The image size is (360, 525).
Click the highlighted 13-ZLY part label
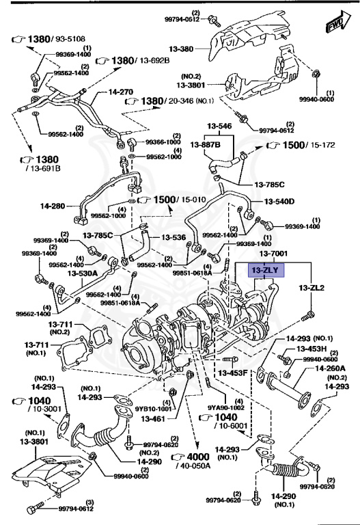pyautogui.click(x=264, y=271)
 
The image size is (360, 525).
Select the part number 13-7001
pyautogui.click(x=273, y=254)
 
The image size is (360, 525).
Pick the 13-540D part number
pyautogui.click(x=280, y=201)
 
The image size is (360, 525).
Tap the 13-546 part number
pyautogui.click(x=221, y=127)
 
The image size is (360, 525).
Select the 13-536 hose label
pyautogui.click(x=173, y=238)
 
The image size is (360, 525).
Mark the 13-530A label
pyautogui.click(x=82, y=273)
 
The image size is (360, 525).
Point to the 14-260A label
pyautogui.click(x=330, y=368)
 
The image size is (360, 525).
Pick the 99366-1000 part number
pyautogui.click(x=164, y=142)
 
